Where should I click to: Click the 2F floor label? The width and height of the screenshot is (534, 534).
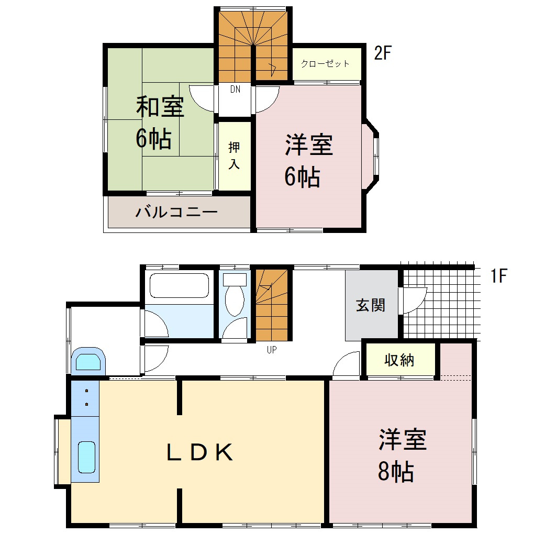[x=383, y=53]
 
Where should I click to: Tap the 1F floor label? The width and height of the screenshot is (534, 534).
[x=499, y=276]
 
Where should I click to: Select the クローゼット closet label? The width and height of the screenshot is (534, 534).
[x=325, y=64]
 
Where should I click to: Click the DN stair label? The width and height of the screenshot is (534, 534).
[x=235, y=90]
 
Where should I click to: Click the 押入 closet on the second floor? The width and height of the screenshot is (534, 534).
[x=234, y=155]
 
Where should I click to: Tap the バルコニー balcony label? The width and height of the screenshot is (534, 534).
[x=176, y=213]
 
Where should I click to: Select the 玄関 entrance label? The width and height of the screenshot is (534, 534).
[x=371, y=305]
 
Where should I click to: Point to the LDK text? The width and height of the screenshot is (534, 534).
[x=199, y=452]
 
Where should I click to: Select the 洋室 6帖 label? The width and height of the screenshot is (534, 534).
[x=309, y=161]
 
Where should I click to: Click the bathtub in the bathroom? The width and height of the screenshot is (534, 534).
[x=179, y=286]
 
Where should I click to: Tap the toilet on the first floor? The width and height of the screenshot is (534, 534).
[x=234, y=298]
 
